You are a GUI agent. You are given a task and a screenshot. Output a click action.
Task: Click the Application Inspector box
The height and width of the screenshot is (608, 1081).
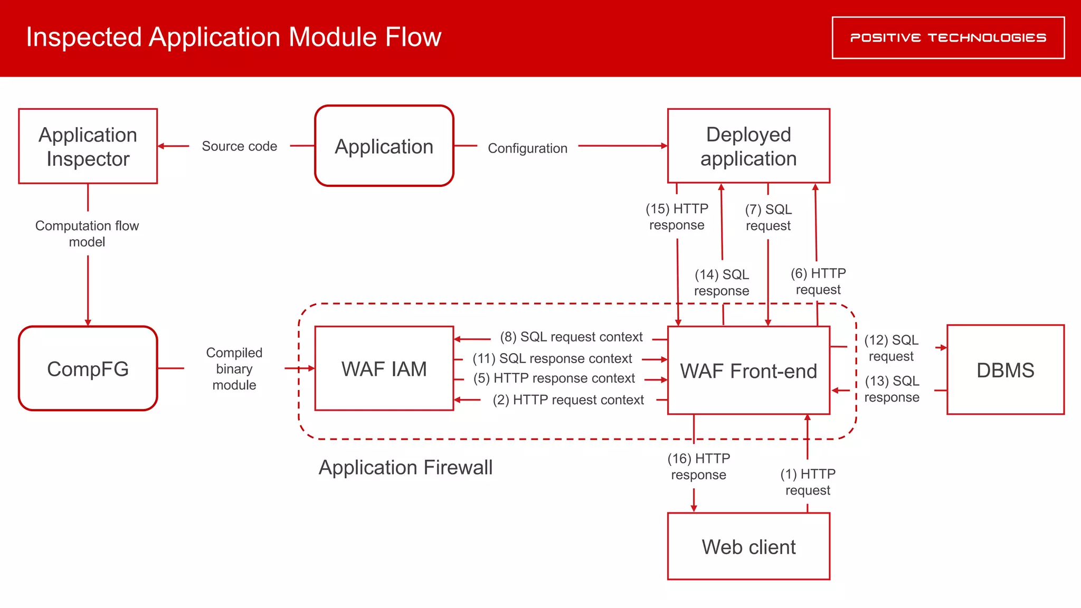pos(88,146)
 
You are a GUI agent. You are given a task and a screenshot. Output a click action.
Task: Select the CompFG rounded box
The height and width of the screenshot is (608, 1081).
pos(88,368)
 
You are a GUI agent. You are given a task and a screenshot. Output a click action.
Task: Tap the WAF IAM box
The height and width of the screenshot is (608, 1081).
pos(384,368)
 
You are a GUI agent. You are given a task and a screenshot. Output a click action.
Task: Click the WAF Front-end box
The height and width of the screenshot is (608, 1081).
pos(748,370)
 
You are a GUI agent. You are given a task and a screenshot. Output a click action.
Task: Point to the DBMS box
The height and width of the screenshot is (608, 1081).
pos(1005,369)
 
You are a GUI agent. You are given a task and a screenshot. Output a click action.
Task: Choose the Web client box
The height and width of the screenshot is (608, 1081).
pos(748,546)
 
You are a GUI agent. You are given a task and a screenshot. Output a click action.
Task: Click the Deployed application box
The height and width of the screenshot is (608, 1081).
pos(748,146)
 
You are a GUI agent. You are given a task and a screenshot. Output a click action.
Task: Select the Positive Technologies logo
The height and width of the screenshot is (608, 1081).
pos(948,37)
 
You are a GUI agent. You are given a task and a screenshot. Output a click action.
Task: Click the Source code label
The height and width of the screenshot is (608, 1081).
pos(239,146)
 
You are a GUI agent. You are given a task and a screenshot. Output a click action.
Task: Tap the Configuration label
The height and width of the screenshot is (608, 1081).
pos(527,148)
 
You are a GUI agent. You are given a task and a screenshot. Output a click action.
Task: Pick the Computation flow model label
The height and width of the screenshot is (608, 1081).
pos(87,233)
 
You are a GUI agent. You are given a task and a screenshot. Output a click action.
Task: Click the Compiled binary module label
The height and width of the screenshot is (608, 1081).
pos(234,368)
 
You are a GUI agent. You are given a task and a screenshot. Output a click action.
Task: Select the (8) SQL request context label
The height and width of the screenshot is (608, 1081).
pos(571,337)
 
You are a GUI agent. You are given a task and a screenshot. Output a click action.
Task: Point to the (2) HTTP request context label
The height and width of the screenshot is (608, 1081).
pos(568,400)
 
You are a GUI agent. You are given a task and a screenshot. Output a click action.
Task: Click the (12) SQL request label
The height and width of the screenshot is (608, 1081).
pos(891,348)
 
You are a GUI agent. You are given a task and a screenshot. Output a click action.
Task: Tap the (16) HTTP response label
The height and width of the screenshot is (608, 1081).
pos(698,466)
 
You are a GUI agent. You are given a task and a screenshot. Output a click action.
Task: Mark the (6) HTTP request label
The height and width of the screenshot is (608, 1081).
pos(818,281)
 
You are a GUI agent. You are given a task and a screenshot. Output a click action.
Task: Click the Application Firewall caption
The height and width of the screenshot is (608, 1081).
pos(405,467)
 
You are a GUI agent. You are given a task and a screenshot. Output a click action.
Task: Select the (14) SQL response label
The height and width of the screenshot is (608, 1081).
pos(722,282)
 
